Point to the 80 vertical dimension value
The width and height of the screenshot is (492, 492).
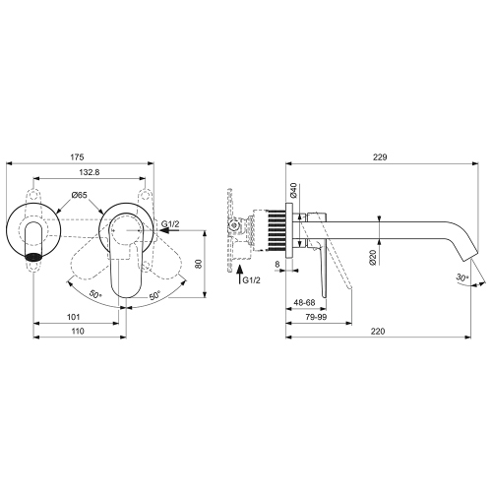(198, 263)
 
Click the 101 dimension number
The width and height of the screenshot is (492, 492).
(73, 317)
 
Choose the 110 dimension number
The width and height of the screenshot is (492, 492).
(78, 333)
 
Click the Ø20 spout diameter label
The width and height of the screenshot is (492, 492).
(374, 262)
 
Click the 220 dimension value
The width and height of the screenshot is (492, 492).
(379, 333)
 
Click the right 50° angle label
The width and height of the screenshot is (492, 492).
(156, 293)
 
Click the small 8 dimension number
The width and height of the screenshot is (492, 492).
(278, 264)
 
